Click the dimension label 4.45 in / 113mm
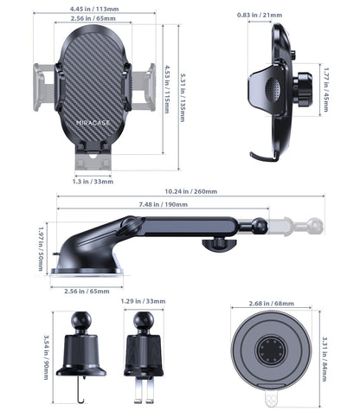[94, 10]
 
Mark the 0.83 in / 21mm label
[261, 16]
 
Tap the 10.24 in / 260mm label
[191, 191]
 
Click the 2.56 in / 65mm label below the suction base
[87, 291]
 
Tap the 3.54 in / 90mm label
[46, 352]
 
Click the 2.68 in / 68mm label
[271, 304]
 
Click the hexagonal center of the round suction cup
[270, 353]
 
